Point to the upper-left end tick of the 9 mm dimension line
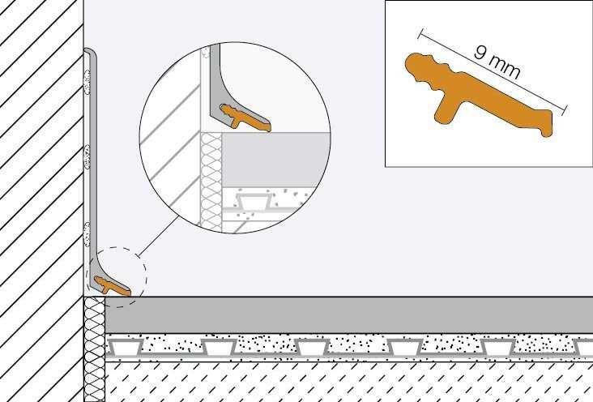(420, 34)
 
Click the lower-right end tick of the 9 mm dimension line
(565, 109)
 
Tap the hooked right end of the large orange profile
(547, 123)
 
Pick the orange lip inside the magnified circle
(245, 118)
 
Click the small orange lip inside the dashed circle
(113, 286)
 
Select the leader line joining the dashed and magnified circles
(158, 236)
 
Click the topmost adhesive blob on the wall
(87, 82)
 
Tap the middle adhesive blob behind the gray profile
(87, 157)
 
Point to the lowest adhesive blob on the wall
(87, 234)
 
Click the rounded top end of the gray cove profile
(89, 51)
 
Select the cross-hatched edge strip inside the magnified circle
(211, 182)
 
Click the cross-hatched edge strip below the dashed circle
(94, 349)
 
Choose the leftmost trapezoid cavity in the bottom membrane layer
(126, 347)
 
